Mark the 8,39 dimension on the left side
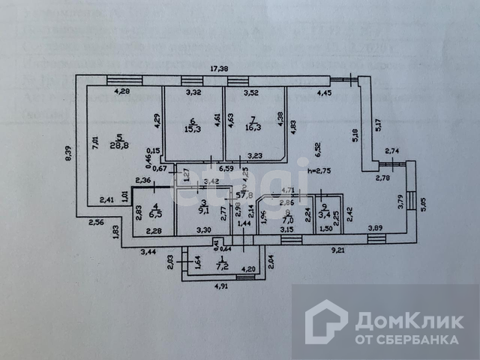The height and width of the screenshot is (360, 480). pyautogui.click(x=68, y=153)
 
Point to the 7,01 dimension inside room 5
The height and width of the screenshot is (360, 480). pyautogui.click(x=96, y=142)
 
